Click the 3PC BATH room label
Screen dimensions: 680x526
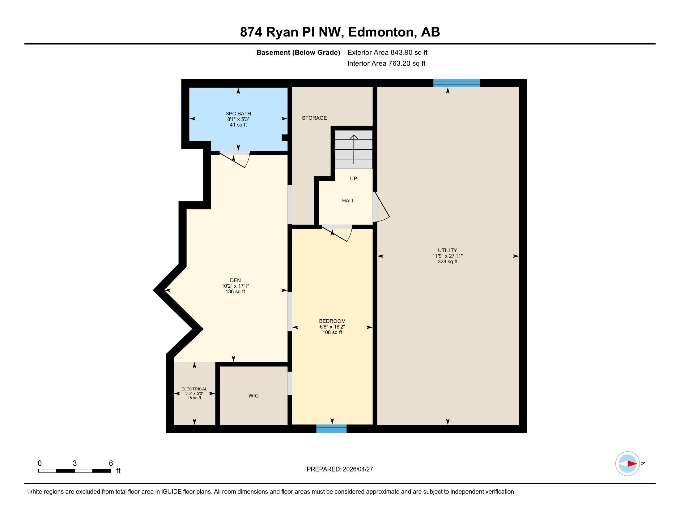[238, 114]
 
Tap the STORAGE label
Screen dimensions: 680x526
[314, 118]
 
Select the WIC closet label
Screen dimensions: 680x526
[253, 396]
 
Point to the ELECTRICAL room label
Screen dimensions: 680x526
[194, 389]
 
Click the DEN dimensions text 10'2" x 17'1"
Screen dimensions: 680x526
[235, 286]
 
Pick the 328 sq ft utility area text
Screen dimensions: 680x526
[448, 262]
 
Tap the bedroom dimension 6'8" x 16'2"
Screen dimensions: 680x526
[332, 327]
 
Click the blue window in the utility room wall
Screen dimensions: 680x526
[457, 83]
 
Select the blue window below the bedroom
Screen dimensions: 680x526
[331, 429]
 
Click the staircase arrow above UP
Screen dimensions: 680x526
[354, 149]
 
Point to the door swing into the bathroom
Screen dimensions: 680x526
[235, 160]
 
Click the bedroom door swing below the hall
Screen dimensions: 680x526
[337, 233]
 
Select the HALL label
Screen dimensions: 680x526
[348, 201]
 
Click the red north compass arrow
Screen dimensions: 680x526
[632, 464]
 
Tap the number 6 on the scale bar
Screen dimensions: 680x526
[111, 463]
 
